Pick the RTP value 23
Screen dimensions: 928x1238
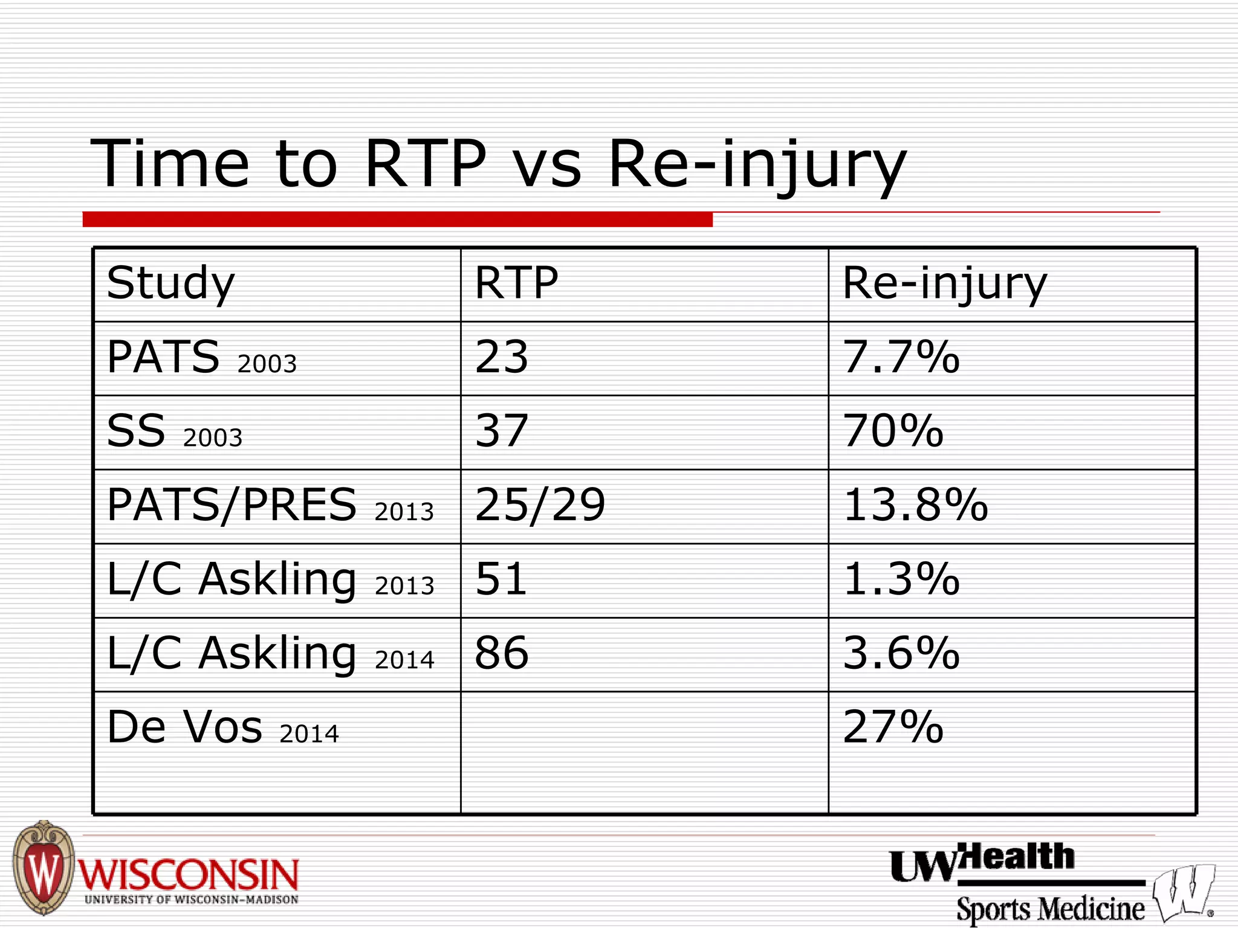502,357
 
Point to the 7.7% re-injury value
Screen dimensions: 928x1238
901,357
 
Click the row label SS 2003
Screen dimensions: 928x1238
174,431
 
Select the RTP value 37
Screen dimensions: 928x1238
502,431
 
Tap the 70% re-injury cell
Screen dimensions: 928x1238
893,431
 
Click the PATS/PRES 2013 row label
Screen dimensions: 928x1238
270,505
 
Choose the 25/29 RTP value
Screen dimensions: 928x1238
540,505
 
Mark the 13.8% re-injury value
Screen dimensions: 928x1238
915,505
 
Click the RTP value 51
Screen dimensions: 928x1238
501,579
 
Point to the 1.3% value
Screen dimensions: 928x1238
901,579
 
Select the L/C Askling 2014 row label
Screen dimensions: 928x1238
270,654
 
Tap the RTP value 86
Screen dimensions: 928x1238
502,654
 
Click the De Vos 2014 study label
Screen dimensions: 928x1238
222,727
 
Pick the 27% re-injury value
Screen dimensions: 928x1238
893,727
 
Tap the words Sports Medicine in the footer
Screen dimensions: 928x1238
1050,909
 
